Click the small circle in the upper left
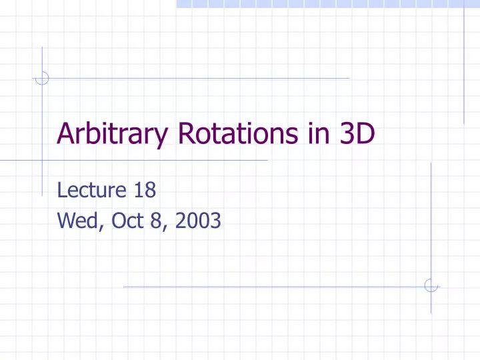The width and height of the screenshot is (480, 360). (41, 79)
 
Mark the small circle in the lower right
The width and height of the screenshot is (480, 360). (431, 286)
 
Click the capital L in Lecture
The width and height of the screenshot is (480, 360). (62, 191)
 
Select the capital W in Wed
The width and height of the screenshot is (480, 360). (66, 219)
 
